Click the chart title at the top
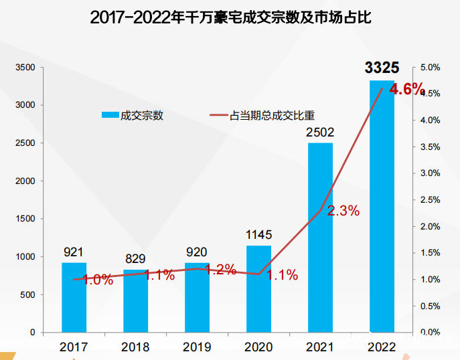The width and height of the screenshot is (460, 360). point(230,17)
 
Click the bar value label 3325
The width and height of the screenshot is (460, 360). point(382,68)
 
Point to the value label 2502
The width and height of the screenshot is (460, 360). point(320,132)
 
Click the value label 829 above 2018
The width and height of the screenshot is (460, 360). point(135,259)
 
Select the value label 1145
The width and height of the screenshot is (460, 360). point(258,235)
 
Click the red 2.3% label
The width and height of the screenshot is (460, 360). point(343,211)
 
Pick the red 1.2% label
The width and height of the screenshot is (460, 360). point(220,270)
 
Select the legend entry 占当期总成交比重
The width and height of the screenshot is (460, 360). point(272,115)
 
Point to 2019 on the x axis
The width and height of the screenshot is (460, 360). point(197,347)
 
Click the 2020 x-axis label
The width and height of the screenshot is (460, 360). point(258,347)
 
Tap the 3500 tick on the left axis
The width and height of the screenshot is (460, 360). point(26,68)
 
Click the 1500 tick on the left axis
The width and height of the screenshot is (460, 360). point(26,219)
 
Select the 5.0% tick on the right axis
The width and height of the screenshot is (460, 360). point(430,68)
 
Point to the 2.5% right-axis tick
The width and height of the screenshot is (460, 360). point(430,200)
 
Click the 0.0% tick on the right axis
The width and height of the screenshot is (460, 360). point(430,332)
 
